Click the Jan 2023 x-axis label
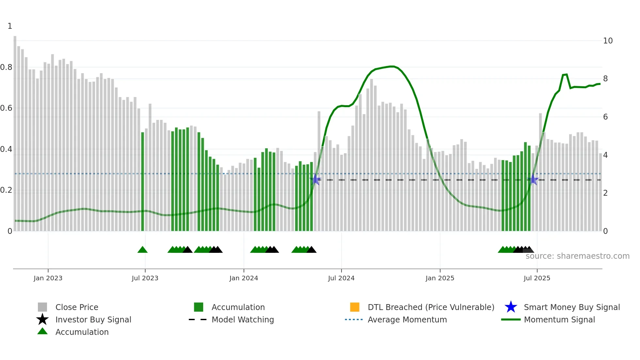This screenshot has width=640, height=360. click(48, 278)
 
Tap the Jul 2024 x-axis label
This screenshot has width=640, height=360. click(341, 278)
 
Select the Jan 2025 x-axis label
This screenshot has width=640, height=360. click(440, 278)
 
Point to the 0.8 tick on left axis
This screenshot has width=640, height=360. click(6, 67)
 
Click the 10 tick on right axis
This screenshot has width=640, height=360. click(608, 41)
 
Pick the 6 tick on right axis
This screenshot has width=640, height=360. click(605, 117)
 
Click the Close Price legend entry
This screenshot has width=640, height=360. click(77, 307)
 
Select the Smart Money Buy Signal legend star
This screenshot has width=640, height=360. click(511, 307)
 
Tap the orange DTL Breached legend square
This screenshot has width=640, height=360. click(355, 307)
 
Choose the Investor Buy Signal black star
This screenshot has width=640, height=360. click(42, 319)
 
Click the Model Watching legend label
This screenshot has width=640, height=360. click(243, 319)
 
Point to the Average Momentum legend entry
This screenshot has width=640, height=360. click(407, 319)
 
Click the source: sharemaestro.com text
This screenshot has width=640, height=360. click(577, 256)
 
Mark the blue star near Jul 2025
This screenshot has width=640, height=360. click(533, 180)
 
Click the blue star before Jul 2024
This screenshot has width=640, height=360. click(315, 180)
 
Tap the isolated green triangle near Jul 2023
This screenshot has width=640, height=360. click(142, 250)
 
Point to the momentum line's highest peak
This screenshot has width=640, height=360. click(392, 66)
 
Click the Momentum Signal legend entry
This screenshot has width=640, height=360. click(559, 319)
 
